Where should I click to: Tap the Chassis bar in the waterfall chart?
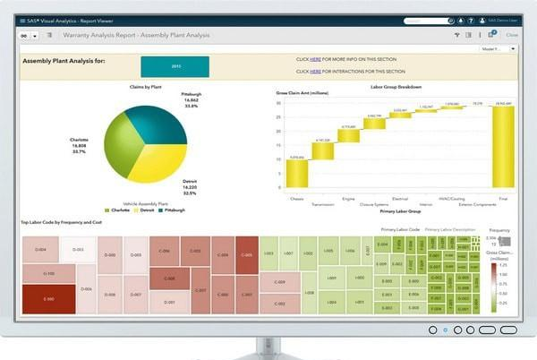click(x=297, y=173)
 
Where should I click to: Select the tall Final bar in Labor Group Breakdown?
click(x=503, y=146)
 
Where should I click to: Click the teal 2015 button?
click(x=175, y=65)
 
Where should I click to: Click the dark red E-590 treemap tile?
click(x=48, y=298)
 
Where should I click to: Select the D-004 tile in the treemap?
click(x=40, y=249)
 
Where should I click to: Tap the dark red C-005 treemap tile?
click(x=245, y=255)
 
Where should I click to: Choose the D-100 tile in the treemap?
click(x=48, y=273)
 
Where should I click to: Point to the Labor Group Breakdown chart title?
click(x=397, y=87)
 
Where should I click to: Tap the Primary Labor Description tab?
click(x=450, y=230)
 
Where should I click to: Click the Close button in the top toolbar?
click(x=512, y=34)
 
